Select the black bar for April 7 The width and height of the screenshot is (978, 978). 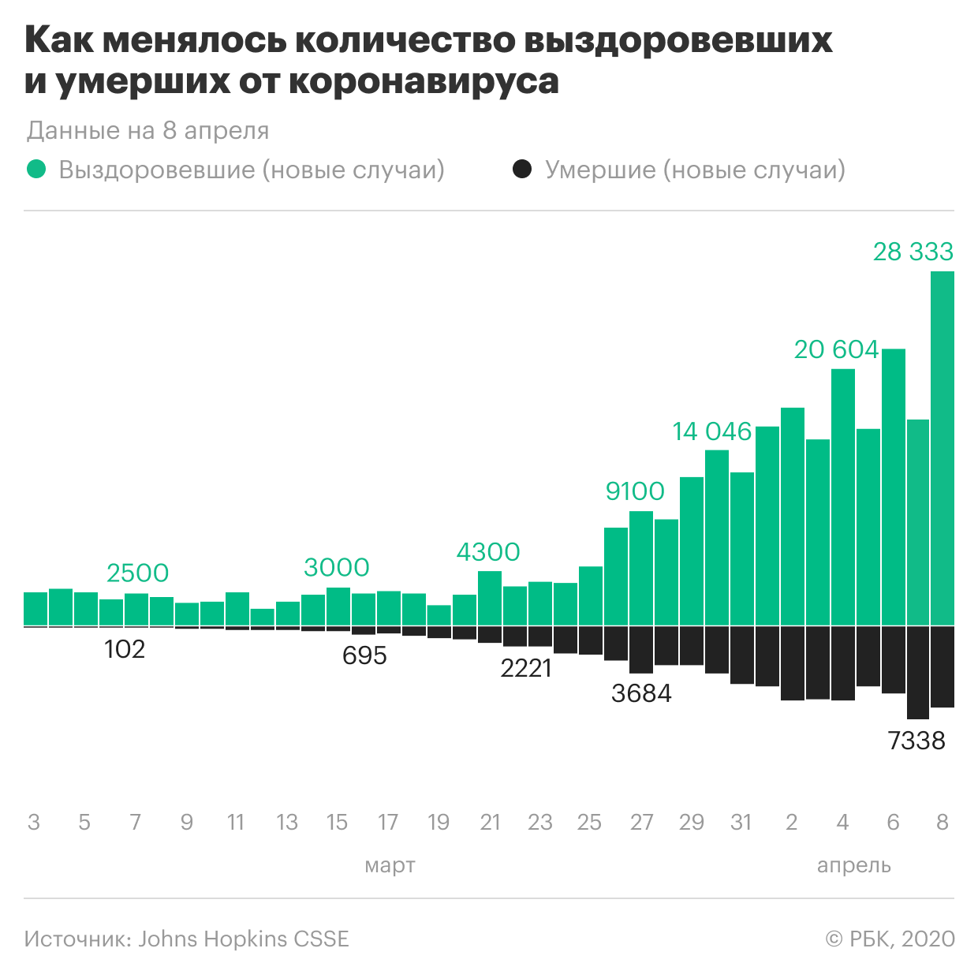917,672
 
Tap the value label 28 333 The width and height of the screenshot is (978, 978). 913,252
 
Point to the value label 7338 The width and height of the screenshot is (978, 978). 916,741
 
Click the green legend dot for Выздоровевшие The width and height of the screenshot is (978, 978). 36,170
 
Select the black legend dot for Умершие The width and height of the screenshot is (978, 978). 522,170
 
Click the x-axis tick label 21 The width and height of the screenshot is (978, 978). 490,823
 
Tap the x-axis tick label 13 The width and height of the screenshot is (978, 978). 287,823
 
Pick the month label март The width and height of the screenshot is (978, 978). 390,865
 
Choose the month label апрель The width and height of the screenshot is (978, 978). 853,865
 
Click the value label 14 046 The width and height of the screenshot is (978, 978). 712,431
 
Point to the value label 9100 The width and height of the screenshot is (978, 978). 635,491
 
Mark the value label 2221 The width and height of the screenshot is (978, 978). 526,668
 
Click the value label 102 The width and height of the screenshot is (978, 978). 125,649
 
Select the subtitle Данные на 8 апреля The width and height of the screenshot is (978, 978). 147,131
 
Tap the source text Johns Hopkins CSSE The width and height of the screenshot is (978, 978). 244,939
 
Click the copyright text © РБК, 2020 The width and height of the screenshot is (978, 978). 890,939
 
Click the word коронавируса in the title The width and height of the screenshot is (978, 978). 424,82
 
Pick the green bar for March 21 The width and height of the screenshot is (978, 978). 490,598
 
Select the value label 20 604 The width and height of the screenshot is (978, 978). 836,349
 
